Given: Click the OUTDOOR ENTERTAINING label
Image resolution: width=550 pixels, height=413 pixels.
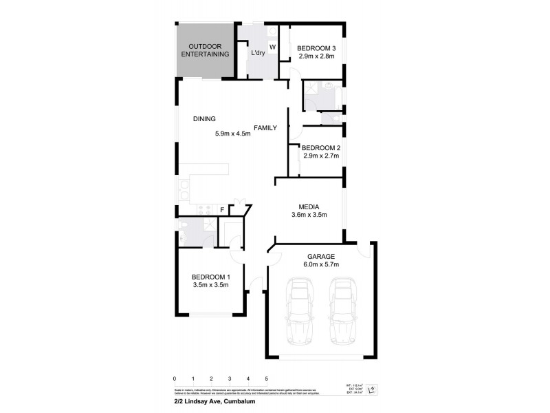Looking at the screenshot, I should coord(204,50).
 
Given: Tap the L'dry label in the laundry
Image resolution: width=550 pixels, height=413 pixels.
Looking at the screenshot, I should coord(258,53).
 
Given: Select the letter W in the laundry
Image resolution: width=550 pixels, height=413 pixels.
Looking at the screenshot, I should coord(272,47).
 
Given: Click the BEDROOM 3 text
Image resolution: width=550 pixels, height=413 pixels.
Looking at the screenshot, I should coord(316,47).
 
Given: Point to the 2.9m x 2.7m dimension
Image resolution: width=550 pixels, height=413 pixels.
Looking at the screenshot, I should coord(321,156).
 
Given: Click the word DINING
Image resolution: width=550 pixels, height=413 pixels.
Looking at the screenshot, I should coord(204,119).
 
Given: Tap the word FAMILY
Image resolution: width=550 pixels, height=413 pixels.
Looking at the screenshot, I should coord(265,128).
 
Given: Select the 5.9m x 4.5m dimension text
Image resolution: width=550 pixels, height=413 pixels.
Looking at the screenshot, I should coord(233,134).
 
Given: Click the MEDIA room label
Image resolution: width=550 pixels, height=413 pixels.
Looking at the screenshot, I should coord(308,206).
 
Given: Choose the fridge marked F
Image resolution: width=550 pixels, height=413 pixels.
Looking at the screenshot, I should coord(222,209).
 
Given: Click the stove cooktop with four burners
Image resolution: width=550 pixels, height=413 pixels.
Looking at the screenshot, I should coord(203,209).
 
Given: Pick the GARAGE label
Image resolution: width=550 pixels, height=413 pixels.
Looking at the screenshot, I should coord(320,255).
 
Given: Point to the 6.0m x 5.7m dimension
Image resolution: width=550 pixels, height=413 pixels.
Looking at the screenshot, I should coord(320,264).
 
